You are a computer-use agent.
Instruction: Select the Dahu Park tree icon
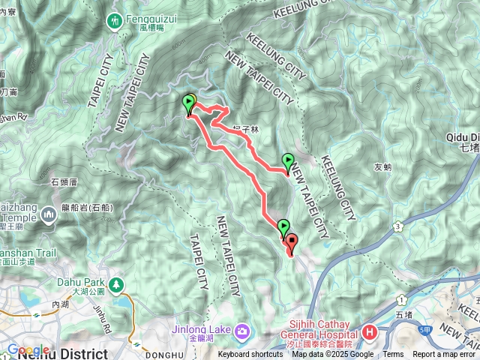click(x=116, y=285)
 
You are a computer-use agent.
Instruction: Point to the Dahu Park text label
click(x=87, y=283)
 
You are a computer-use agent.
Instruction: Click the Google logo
click(x=28, y=349)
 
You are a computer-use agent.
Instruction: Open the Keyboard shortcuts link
click(x=250, y=355)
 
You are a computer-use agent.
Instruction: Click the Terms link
click(x=393, y=355)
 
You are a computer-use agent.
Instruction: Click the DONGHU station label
click(x=166, y=355)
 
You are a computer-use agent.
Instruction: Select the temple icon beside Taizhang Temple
click(x=49, y=216)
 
